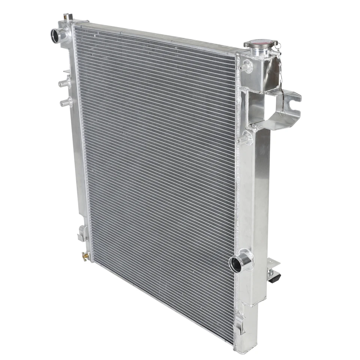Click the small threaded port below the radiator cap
coord(246,67)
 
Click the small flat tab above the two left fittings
coord(67,71)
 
